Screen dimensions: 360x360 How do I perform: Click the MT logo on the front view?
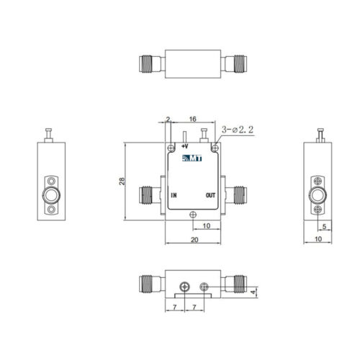pos(192,158)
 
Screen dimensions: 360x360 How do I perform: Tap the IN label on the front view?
pos(174,195)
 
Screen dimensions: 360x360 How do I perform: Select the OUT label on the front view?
pos(210,195)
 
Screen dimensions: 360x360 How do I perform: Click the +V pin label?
pos(184,146)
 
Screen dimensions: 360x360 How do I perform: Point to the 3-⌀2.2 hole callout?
pos(238,130)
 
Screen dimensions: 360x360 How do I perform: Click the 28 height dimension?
pos(122,181)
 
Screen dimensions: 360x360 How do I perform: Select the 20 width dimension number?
pos(194,240)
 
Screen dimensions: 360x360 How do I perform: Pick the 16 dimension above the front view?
pos(193,119)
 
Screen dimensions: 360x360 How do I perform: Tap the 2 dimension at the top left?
pos(168,119)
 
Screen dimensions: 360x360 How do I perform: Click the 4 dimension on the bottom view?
pos(253,292)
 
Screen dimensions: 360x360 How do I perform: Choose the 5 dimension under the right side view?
pos(324,226)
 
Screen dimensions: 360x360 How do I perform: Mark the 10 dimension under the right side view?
pos(318,239)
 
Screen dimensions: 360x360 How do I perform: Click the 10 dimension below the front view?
pos(207,225)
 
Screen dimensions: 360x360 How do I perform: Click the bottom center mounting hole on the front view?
pos(193,215)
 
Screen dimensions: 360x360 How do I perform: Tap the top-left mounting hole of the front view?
pos(171,148)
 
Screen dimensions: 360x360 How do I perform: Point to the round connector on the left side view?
pos(51,195)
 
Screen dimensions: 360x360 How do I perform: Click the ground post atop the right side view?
pos(320,135)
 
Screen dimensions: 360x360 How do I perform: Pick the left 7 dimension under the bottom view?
pos(175,307)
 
